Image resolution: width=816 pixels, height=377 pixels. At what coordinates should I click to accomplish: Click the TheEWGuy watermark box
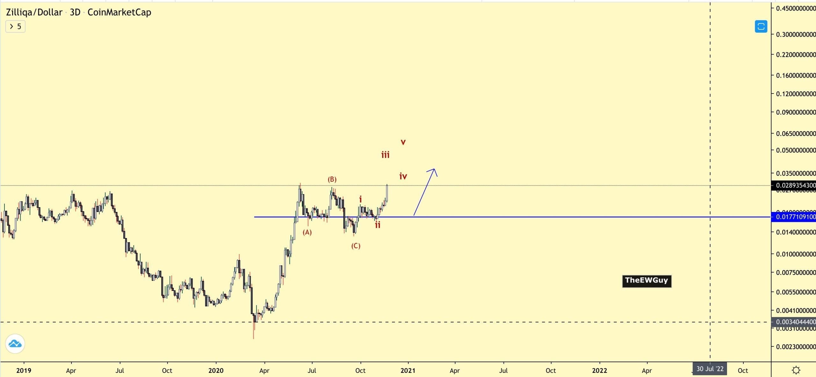646,281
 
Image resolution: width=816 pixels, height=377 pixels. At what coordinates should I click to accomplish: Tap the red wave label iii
385,155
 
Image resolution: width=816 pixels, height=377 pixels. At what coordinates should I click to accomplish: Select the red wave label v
403,142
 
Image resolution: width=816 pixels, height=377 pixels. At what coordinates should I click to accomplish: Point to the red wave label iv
403,176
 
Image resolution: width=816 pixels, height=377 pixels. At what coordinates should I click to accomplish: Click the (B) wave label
332,179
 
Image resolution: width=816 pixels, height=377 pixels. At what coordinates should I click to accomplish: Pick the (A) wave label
307,232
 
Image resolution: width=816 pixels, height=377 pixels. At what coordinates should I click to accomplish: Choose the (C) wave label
356,246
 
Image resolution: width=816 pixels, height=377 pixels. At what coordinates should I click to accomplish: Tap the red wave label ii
378,225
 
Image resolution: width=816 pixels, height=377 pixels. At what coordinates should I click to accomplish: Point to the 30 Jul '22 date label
710,369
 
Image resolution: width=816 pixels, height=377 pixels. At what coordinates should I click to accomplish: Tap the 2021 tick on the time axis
408,371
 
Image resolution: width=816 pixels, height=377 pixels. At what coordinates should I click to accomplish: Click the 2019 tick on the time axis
24,371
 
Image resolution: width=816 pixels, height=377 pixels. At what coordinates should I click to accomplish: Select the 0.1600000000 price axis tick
796,76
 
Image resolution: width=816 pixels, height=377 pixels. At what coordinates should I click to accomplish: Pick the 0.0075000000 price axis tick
796,273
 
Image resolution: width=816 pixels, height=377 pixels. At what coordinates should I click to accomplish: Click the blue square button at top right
761,26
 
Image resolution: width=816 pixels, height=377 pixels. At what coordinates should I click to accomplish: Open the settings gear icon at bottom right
796,370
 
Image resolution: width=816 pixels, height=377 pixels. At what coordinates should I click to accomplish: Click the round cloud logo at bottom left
15,344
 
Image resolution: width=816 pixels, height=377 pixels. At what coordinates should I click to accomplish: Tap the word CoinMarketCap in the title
119,12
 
